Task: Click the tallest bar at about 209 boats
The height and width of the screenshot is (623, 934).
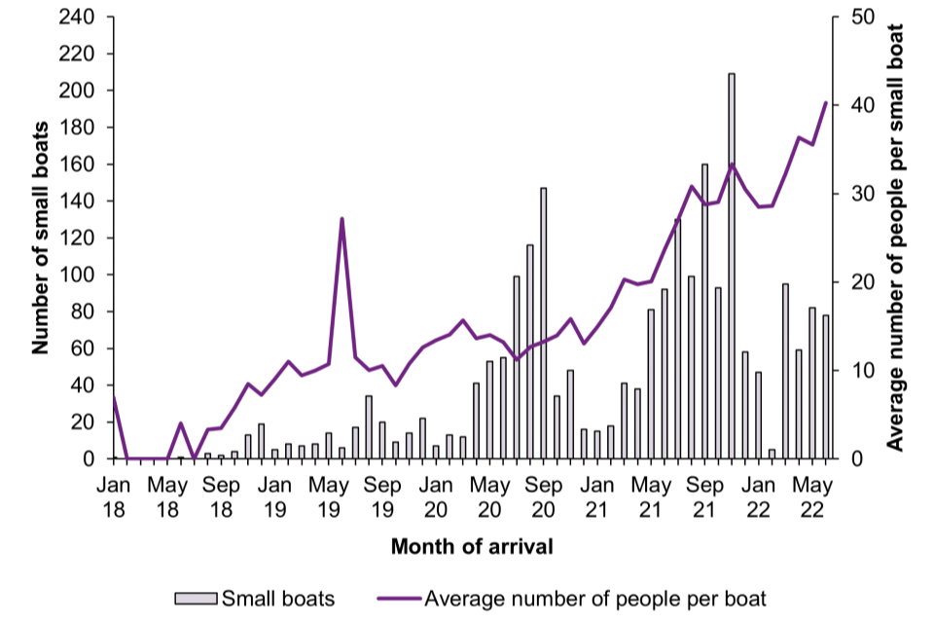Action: [731, 266]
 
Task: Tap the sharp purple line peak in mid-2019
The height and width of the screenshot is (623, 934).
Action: [342, 219]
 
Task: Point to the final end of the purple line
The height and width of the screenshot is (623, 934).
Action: [826, 102]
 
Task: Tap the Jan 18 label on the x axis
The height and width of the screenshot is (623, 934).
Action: [113, 495]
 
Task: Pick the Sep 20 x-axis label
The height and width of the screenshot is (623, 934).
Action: [544, 495]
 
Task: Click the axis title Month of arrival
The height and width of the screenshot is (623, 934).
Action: [472, 547]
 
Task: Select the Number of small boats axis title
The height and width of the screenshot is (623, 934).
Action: [40, 238]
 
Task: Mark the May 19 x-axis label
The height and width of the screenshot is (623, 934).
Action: [329, 495]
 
